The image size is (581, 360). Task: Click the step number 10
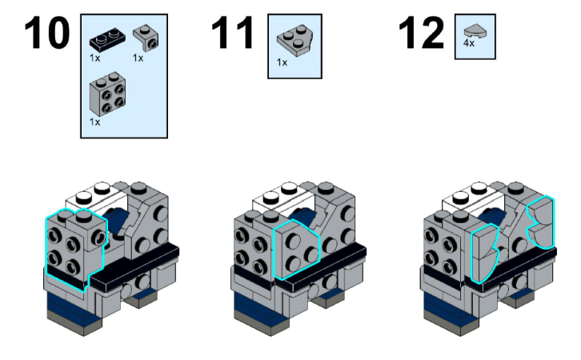[x=47, y=33]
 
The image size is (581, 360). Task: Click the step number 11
[x=232, y=33]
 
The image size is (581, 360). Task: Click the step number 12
[x=421, y=33]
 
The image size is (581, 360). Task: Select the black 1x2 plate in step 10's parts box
[x=107, y=39]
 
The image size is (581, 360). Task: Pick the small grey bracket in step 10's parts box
[x=146, y=38]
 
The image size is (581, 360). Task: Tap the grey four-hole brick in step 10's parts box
[x=107, y=94]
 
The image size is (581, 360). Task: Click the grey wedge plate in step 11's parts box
[x=295, y=40]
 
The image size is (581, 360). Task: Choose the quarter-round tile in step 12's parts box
[x=475, y=31]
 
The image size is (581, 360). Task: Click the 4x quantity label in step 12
[x=469, y=44]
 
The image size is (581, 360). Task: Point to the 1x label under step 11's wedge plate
[x=282, y=62]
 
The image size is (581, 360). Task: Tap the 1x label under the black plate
[x=94, y=58]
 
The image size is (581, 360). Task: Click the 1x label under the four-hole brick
[x=94, y=122]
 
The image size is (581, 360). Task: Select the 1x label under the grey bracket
[x=138, y=58]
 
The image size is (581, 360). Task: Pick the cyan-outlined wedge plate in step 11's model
[x=295, y=249]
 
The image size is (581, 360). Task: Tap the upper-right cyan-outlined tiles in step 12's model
[x=541, y=222]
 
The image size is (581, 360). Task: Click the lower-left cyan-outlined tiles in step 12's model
[x=484, y=254]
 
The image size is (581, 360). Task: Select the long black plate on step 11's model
[x=323, y=264]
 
